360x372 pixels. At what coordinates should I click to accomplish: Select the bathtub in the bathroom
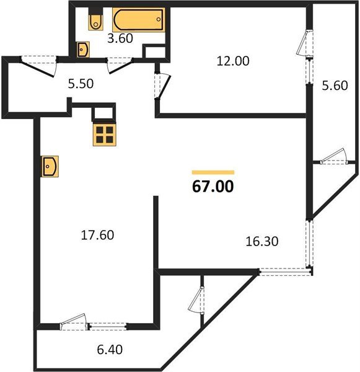point(138,20)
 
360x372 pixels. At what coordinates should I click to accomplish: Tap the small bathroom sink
point(83,50)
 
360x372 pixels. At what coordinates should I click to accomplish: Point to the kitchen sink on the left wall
point(49,166)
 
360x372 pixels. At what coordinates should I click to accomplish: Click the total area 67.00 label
point(213,187)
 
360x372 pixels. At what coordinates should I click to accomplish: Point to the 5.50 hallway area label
point(81,86)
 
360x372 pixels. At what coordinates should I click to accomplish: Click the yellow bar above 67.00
point(213,172)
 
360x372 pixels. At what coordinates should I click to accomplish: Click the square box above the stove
point(104,113)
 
